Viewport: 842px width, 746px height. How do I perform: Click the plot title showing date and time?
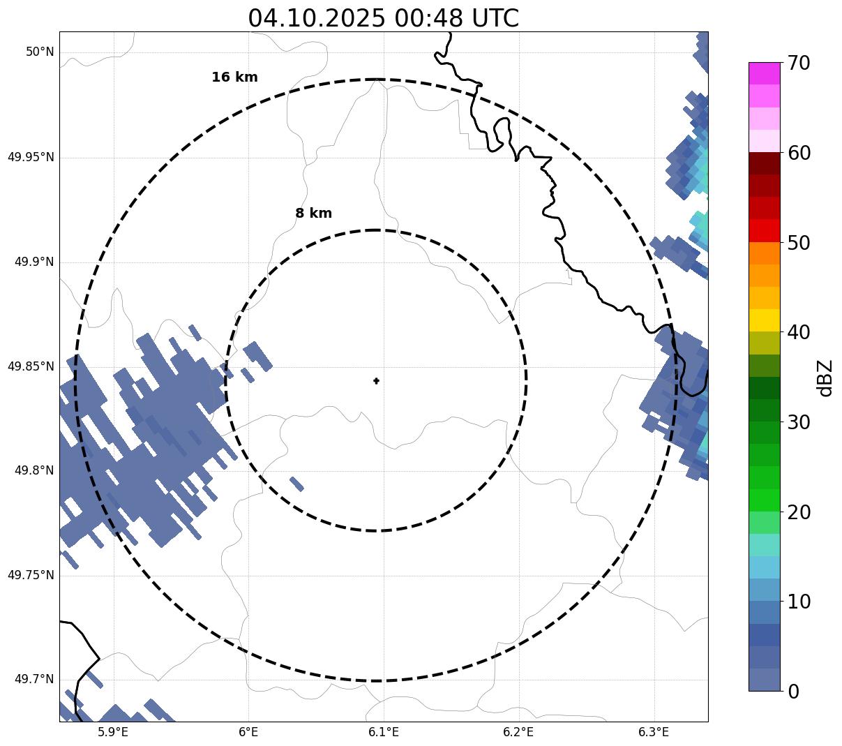(383, 18)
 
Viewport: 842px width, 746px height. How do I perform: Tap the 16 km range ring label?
(234, 77)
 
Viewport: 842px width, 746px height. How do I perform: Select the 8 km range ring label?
(313, 214)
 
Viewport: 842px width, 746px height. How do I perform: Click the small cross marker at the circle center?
(377, 381)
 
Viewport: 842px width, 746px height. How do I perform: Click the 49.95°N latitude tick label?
(31, 157)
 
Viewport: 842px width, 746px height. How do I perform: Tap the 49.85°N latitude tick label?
(31, 366)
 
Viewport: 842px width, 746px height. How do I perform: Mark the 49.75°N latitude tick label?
(31, 576)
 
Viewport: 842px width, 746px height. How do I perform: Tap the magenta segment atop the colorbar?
(764, 73)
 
